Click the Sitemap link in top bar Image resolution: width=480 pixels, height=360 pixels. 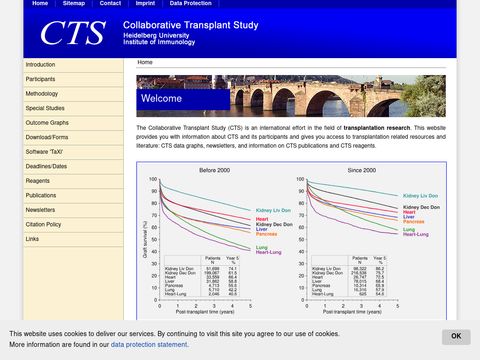(x=74, y=4)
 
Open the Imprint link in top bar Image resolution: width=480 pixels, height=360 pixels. (x=144, y=4)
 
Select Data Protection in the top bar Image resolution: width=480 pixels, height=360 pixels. (x=190, y=4)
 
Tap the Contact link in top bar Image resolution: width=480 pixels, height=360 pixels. (x=110, y=4)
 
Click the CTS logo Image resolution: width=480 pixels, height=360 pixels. (x=71, y=33)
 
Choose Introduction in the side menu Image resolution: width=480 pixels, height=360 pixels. (x=41, y=64)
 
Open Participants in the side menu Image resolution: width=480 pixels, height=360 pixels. (x=41, y=78)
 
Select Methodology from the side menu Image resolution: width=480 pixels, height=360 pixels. (x=43, y=93)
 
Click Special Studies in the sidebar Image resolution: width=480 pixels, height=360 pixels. (x=44, y=107)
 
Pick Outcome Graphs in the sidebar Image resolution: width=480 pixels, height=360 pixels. (x=47, y=122)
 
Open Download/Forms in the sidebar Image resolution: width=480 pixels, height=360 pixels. (x=47, y=137)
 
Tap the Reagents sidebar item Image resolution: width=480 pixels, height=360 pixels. (x=38, y=181)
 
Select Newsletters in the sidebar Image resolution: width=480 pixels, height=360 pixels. (x=41, y=210)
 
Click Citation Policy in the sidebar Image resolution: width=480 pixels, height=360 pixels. (x=44, y=225)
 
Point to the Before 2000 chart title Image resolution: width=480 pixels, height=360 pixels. (x=215, y=170)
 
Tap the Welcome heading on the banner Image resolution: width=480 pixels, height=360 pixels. (x=161, y=99)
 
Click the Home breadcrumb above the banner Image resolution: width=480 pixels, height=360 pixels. (x=145, y=62)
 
